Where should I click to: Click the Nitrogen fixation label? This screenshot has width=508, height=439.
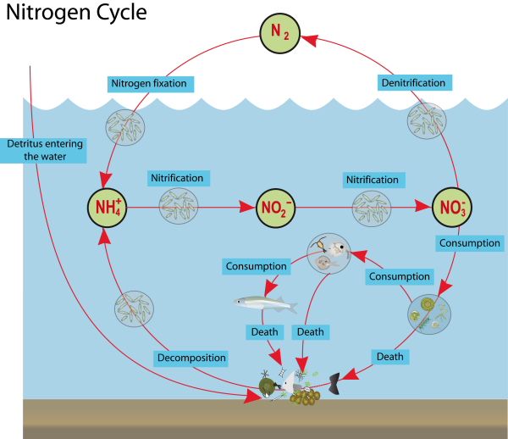[x=149, y=83]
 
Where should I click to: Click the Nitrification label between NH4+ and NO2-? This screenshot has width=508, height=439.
[x=176, y=178]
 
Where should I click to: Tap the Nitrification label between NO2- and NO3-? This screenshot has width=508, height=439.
[x=372, y=180]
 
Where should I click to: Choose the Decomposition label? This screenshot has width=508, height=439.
[x=191, y=358]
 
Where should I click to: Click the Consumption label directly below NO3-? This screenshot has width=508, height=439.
[x=470, y=243]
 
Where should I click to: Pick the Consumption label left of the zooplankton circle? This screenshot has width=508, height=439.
[x=255, y=266]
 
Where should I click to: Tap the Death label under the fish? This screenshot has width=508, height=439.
[x=265, y=331]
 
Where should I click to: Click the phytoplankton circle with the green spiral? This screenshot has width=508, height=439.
[x=428, y=314]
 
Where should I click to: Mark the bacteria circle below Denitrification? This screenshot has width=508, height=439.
[x=427, y=122]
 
